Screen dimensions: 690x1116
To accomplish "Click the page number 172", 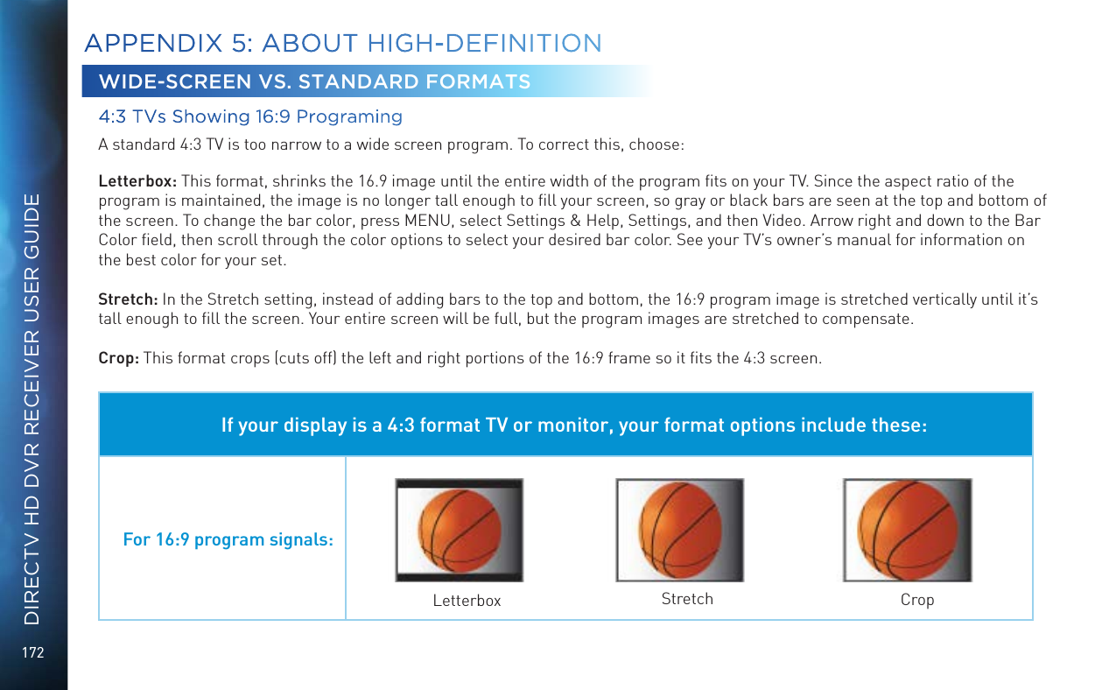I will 34,652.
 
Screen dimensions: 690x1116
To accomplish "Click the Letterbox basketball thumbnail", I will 459,530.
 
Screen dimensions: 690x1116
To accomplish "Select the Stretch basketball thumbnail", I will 680,530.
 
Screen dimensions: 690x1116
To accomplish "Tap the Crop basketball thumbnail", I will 907,530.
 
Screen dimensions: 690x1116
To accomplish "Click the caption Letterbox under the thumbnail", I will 467,601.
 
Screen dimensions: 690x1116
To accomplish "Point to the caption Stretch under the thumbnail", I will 687,599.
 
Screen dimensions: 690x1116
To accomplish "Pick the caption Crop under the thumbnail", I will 917,600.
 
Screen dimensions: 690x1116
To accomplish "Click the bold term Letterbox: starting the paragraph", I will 137,181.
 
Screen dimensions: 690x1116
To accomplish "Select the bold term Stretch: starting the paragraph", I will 128,300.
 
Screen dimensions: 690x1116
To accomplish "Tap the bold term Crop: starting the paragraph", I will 119,358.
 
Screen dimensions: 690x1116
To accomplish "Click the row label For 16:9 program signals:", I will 228,539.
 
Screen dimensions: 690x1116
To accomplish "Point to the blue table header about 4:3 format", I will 573,426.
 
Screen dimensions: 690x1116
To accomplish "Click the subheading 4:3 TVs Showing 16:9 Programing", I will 250,117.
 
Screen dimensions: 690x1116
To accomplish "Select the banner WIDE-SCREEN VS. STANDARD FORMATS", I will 315,82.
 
